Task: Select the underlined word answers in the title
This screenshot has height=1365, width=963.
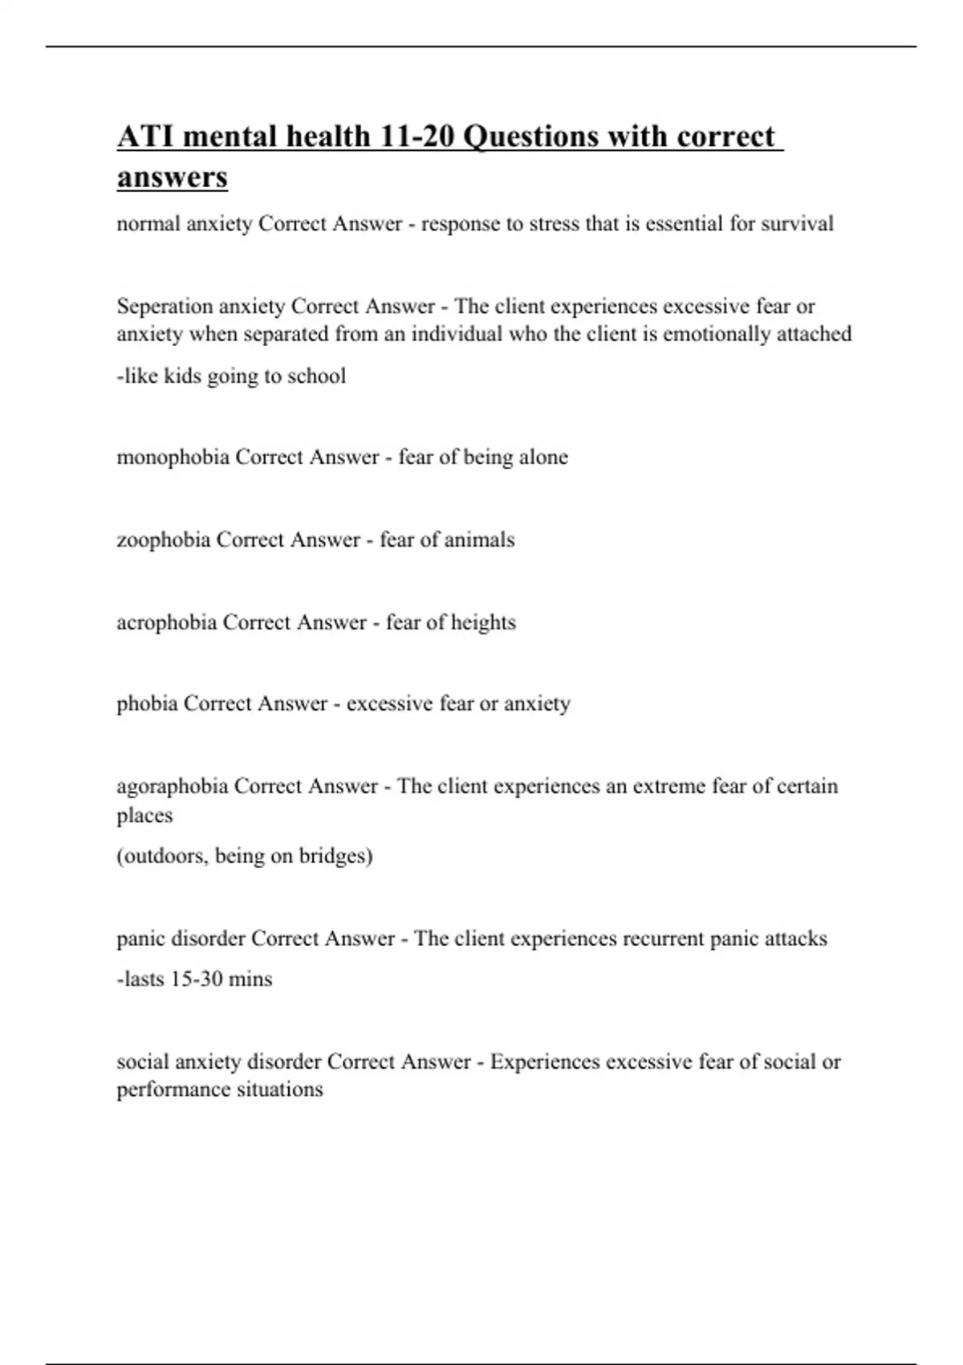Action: click(172, 177)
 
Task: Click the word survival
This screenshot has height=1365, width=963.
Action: click(797, 223)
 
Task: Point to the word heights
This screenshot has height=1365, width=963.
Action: click(483, 622)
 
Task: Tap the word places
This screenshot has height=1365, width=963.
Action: click(144, 816)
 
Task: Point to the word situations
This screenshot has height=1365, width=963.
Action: click(280, 1090)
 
